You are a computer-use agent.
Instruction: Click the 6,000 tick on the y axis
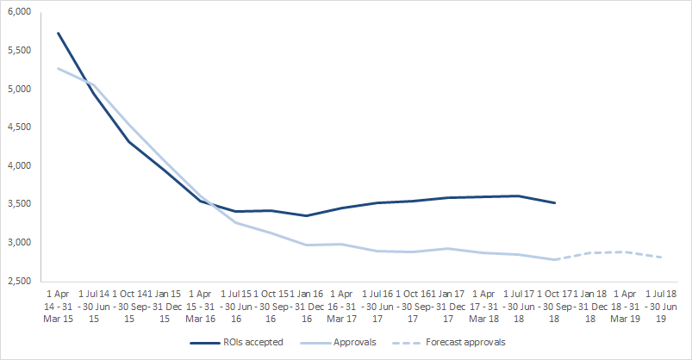18,12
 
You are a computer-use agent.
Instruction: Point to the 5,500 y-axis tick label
18,51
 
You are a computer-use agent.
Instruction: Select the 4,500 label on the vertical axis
18,127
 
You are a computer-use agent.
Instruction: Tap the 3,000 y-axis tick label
18,243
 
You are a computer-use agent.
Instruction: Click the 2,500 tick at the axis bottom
18,281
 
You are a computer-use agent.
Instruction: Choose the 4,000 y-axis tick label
18,166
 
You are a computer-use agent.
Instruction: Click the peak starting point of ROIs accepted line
58,34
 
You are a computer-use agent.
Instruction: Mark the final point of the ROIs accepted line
554,203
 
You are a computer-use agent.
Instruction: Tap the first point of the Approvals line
58,68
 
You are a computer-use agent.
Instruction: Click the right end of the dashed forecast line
660,258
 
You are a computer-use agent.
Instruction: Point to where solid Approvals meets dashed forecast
554,259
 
